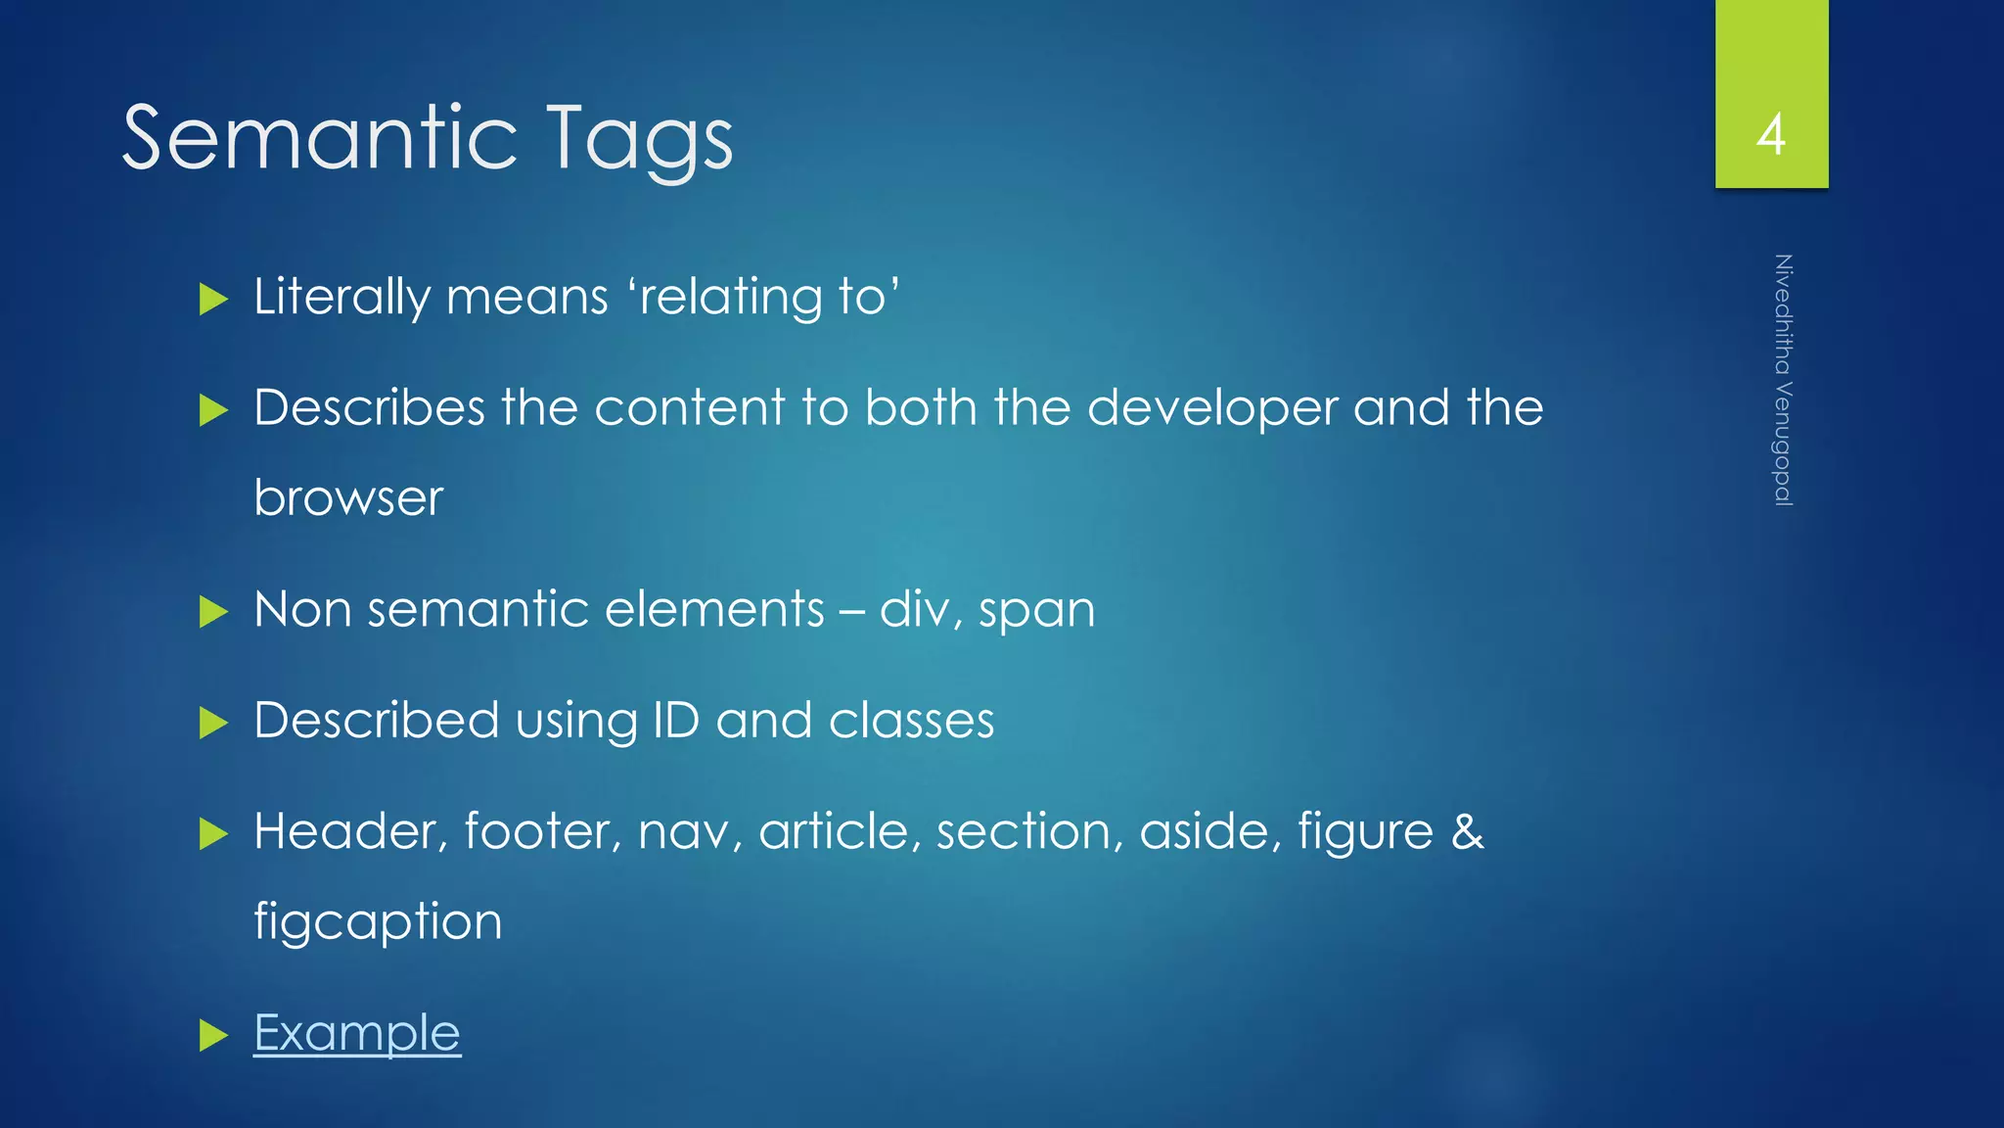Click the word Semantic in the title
pyautogui.click(x=319, y=138)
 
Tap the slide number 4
pyautogui.click(x=1771, y=134)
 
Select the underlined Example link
pyautogui.click(x=357, y=1033)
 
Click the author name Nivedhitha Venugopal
pyautogui.click(x=1783, y=380)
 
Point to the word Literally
pyautogui.click(x=341, y=297)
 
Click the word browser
pyautogui.click(x=348, y=498)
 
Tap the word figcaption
pyautogui.click(x=378, y=922)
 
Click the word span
pyautogui.click(x=1036, y=611)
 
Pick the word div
pyautogui.click(x=914, y=609)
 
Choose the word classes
pyautogui.click(x=911, y=721)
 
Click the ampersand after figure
pyautogui.click(x=1467, y=831)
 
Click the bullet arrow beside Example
pyautogui.click(x=213, y=1035)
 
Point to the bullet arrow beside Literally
pyautogui.click(x=213, y=299)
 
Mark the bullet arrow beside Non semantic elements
pyautogui.click(x=213, y=612)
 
